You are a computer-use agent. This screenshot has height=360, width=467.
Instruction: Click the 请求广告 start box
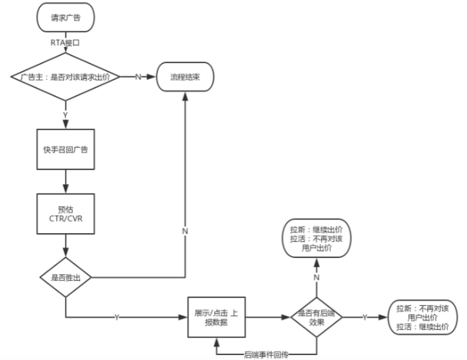[x=65, y=18]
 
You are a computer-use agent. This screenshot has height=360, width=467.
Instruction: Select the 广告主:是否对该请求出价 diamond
[x=65, y=76]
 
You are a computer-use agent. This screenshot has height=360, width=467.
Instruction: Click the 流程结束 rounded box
[x=185, y=76]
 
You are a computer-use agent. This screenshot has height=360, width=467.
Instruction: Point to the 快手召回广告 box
[x=65, y=150]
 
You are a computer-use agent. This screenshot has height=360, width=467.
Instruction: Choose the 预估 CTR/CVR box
[x=65, y=212]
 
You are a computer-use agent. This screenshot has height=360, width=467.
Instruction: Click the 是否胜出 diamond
[x=65, y=278]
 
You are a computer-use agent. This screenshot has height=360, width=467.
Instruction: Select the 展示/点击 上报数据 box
[x=216, y=317]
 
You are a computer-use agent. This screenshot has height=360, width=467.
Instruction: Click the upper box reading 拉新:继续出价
[x=318, y=238]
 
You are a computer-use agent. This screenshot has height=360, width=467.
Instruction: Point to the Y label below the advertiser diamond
[x=65, y=115]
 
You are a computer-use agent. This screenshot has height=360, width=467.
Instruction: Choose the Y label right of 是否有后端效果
[x=364, y=317]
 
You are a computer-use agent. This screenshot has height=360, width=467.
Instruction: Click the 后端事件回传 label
[x=267, y=354]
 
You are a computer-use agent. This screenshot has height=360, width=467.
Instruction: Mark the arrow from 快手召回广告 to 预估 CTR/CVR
[x=65, y=180]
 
